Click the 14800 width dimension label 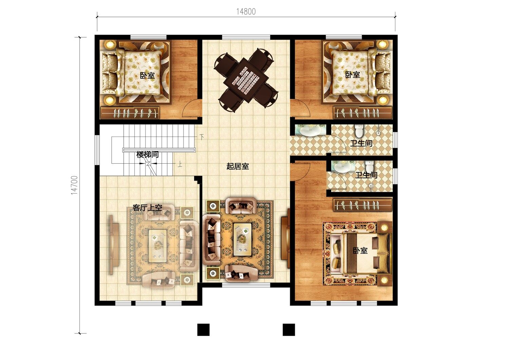pyautogui.click(x=246, y=12)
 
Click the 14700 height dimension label pyautogui.click(x=74, y=185)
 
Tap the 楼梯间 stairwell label pyautogui.click(x=148, y=155)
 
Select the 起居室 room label pyautogui.click(x=238, y=166)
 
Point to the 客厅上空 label pyautogui.click(x=147, y=208)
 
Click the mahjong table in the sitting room pyautogui.click(x=246, y=80)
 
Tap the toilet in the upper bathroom pyautogui.click(x=359, y=131)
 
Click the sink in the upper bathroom pyautogui.click(x=310, y=131)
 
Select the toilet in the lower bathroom pyautogui.click(x=369, y=166)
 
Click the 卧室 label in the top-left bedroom pyautogui.click(x=147, y=75)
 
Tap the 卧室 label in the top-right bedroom pyautogui.click(x=353, y=74)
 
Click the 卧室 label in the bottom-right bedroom pyautogui.click(x=360, y=251)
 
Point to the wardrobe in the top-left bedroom pyautogui.click(x=130, y=112)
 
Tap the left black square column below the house pyautogui.click(x=203, y=330)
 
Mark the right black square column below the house pyautogui.click(x=289, y=330)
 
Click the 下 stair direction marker pyautogui.click(x=202, y=137)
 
